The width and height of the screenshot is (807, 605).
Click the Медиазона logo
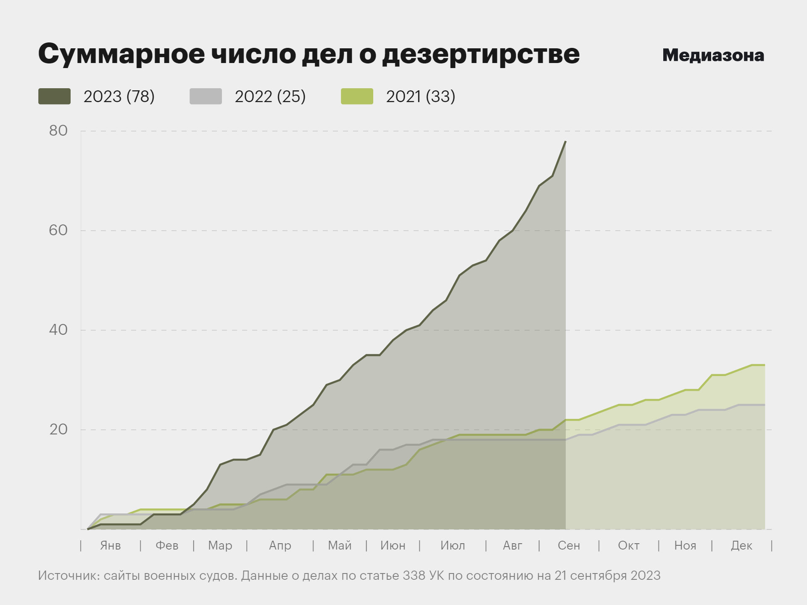point(713,55)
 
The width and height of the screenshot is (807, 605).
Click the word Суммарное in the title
point(122,54)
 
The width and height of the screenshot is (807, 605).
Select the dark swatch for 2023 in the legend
point(54,96)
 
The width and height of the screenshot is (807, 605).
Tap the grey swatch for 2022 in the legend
point(206,96)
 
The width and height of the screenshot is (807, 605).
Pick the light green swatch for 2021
point(357,96)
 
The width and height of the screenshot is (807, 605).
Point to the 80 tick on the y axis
point(58,131)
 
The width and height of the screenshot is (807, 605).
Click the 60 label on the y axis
point(58,230)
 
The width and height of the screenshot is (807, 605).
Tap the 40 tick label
point(58,330)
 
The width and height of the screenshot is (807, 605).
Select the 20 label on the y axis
point(58,429)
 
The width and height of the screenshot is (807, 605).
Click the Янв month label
point(111,545)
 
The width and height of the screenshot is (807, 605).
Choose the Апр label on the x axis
point(280,545)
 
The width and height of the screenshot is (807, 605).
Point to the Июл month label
point(453,545)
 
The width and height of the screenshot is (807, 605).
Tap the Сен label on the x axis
point(569,545)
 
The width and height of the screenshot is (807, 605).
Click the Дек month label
point(741,545)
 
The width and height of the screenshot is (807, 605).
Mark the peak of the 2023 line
point(565,142)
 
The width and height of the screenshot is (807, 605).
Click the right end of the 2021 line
point(764,365)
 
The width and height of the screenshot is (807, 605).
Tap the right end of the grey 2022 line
point(764,405)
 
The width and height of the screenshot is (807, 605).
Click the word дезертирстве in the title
point(481,54)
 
